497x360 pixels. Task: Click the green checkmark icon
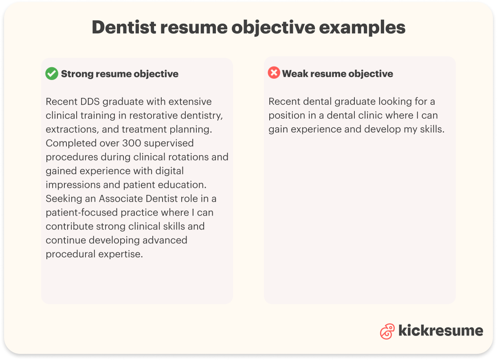pyautogui.click(x=52, y=74)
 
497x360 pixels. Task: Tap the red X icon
pyautogui.click(x=274, y=73)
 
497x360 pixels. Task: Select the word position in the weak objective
pyautogui.click(x=287, y=115)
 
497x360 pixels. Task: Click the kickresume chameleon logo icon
pyautogui.click(x=387, y=331)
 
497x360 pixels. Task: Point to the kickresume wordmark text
pyautogui.click(x=440, y=331)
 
